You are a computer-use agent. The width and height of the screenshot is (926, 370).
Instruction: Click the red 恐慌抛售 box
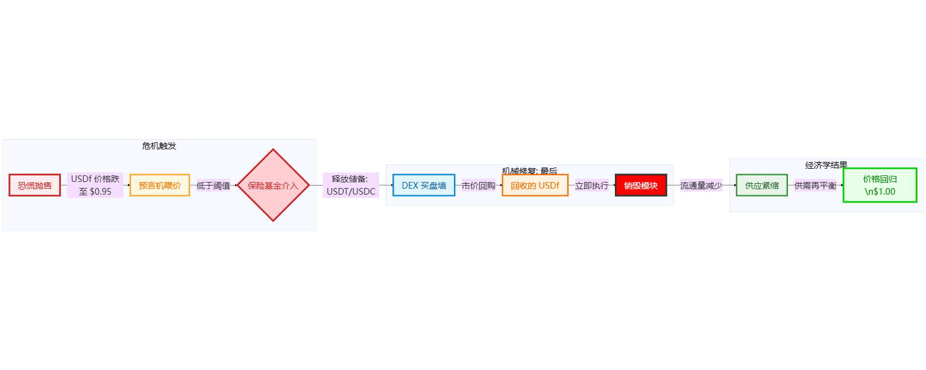coord(35,185)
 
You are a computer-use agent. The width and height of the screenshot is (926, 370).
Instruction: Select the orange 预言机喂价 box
coord(160,185)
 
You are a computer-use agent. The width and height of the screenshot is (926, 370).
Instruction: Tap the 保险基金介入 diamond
coord(273,185)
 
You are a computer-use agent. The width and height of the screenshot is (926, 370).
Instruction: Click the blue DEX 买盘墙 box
coord(424,185)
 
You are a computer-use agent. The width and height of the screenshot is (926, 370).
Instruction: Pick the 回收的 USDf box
coord(535,185)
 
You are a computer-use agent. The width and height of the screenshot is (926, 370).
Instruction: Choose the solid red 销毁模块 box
coord(641,185)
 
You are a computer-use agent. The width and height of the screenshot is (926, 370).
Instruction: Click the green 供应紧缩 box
coord(761,185)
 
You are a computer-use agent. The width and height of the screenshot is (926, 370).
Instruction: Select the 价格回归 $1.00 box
coord(880,185)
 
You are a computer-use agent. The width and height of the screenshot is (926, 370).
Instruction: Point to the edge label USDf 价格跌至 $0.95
coord(95,185)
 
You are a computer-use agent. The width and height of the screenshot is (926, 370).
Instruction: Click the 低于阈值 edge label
coord(213,185)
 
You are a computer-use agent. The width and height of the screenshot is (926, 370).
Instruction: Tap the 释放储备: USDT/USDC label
coord(351,185)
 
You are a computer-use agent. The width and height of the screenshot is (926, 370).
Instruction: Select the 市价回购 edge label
coord(478,185)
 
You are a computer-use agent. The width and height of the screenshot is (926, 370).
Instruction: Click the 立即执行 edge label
coord(591,185)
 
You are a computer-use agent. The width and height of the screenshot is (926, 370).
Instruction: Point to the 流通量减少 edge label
coord(701,185)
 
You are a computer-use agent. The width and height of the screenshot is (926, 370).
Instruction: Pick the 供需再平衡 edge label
coord(815,185)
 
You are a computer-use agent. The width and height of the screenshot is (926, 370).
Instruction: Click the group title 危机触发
coord(159,146)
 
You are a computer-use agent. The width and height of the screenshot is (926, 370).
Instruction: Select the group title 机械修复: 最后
coord(529,171)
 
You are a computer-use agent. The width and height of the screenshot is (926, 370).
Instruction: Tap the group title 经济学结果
coord(826,165)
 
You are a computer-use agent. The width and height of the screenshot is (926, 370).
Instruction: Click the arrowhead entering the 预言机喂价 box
coord(128,185)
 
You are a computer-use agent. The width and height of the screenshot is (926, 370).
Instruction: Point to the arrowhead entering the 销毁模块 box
coord(614,185)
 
